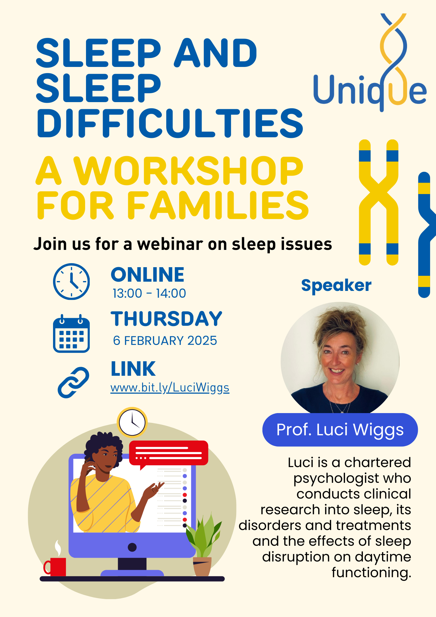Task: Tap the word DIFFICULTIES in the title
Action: tap(170, 123)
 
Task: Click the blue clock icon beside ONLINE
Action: tap(71, 281)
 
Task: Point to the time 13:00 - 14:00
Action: tap(149, 293)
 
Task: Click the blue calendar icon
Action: tap(71, 334)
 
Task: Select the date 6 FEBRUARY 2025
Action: tap(165, 341)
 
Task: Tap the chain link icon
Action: tap(73, 382)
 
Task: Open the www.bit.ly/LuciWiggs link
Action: tap(170, 387)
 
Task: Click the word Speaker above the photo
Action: tap(336, 285)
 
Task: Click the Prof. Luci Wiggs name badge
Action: tap(340, 430)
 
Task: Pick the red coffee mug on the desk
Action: tap(56, 566)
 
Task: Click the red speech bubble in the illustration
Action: tap(168, 453)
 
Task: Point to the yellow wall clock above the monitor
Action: tap(132, 422)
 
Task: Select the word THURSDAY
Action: tap(167, 319)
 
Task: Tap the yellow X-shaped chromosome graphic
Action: tap(378, 202)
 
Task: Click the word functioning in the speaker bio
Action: tap(371, 573)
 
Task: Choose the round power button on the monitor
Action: tap(132, 547)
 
